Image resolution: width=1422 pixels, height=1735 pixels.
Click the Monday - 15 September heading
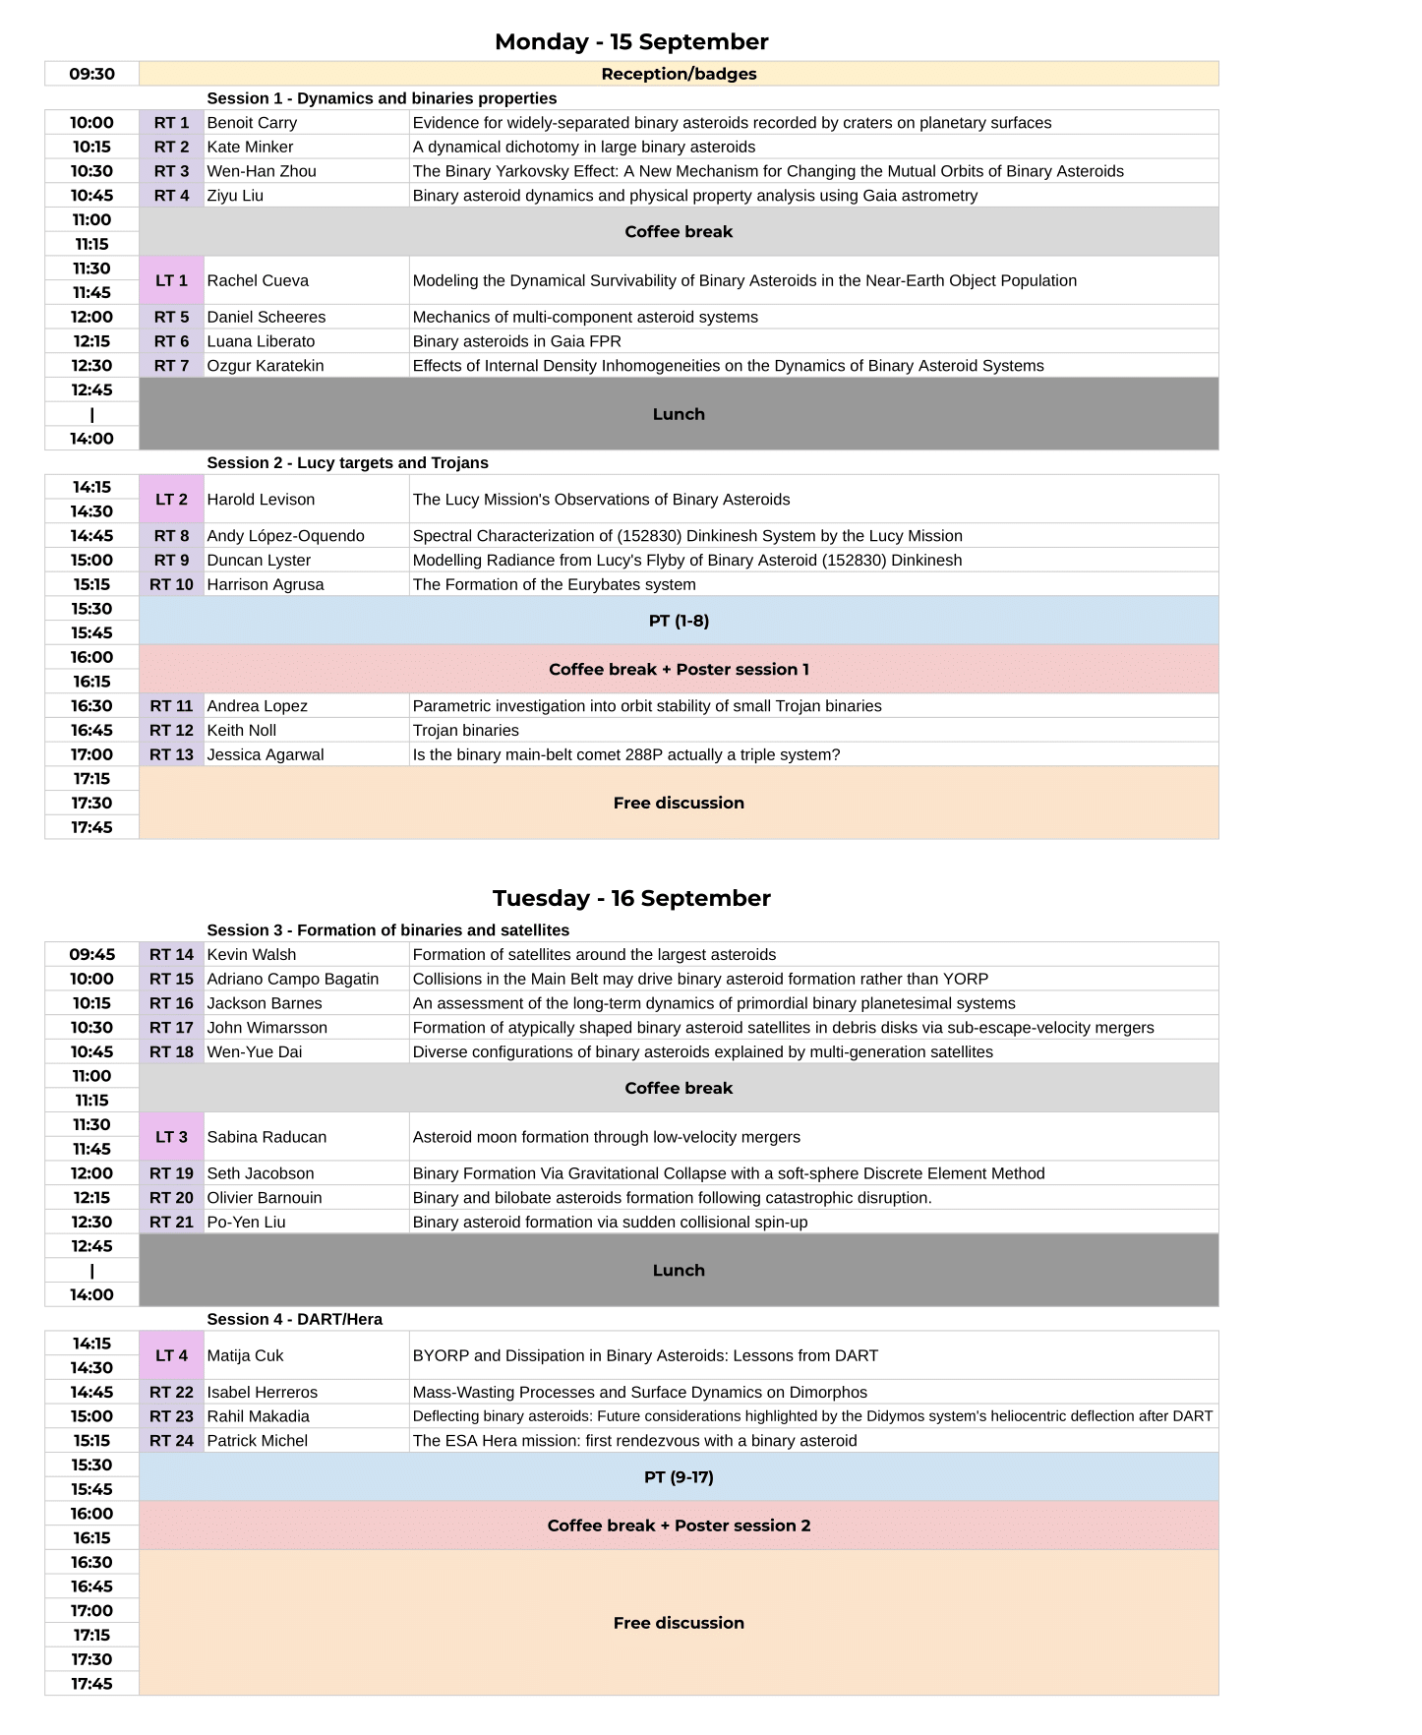tap(631, 41)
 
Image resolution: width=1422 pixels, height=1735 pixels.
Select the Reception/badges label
tap(679, 74)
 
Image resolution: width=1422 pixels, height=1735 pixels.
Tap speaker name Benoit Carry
tap(252, 123)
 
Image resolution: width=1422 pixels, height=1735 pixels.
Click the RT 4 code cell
tap(171, 196)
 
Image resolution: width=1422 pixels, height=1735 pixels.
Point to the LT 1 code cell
tap(171, 280)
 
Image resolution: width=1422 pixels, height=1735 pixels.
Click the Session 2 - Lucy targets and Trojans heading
tap(347, 463)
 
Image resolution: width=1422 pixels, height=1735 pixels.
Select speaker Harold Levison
tap(261, 500)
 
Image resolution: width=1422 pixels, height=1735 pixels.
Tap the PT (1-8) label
tap(679, 621)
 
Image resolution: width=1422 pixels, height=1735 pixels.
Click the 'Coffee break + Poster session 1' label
tap(679, 670)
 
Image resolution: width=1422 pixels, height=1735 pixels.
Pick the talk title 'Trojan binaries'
tap(465, 731)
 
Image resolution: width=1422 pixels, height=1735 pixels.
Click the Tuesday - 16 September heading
tap(631, 898)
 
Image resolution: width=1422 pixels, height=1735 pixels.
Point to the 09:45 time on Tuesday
tap(91, 955)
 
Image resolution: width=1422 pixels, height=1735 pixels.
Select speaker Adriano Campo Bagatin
tap(292, 980)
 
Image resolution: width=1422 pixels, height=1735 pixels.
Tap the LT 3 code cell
tap(171, 1137)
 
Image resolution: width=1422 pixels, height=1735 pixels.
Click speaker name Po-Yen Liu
tap(246, 1223)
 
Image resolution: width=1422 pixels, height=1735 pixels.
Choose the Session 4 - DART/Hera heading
tap(294, 1320)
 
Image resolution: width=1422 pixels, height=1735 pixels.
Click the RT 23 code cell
tap(171, 1417)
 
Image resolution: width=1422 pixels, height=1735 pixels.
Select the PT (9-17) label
tap(679, 1477)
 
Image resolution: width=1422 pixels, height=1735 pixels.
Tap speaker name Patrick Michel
tap(257, 1441)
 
